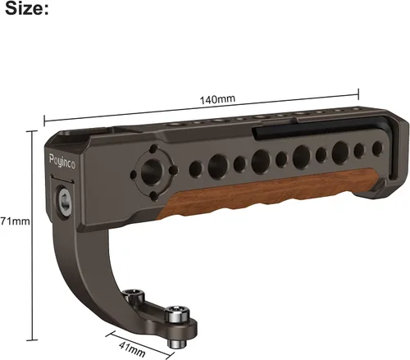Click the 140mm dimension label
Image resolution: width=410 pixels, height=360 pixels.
217,99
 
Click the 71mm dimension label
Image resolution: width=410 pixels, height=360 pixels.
15,221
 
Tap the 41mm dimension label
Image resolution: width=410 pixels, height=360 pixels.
132,349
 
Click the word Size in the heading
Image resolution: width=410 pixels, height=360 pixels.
24,8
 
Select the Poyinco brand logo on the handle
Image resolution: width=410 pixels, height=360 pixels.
62,162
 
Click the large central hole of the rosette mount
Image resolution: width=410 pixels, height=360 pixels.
152,171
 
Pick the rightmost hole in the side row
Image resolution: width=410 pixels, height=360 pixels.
377,148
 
